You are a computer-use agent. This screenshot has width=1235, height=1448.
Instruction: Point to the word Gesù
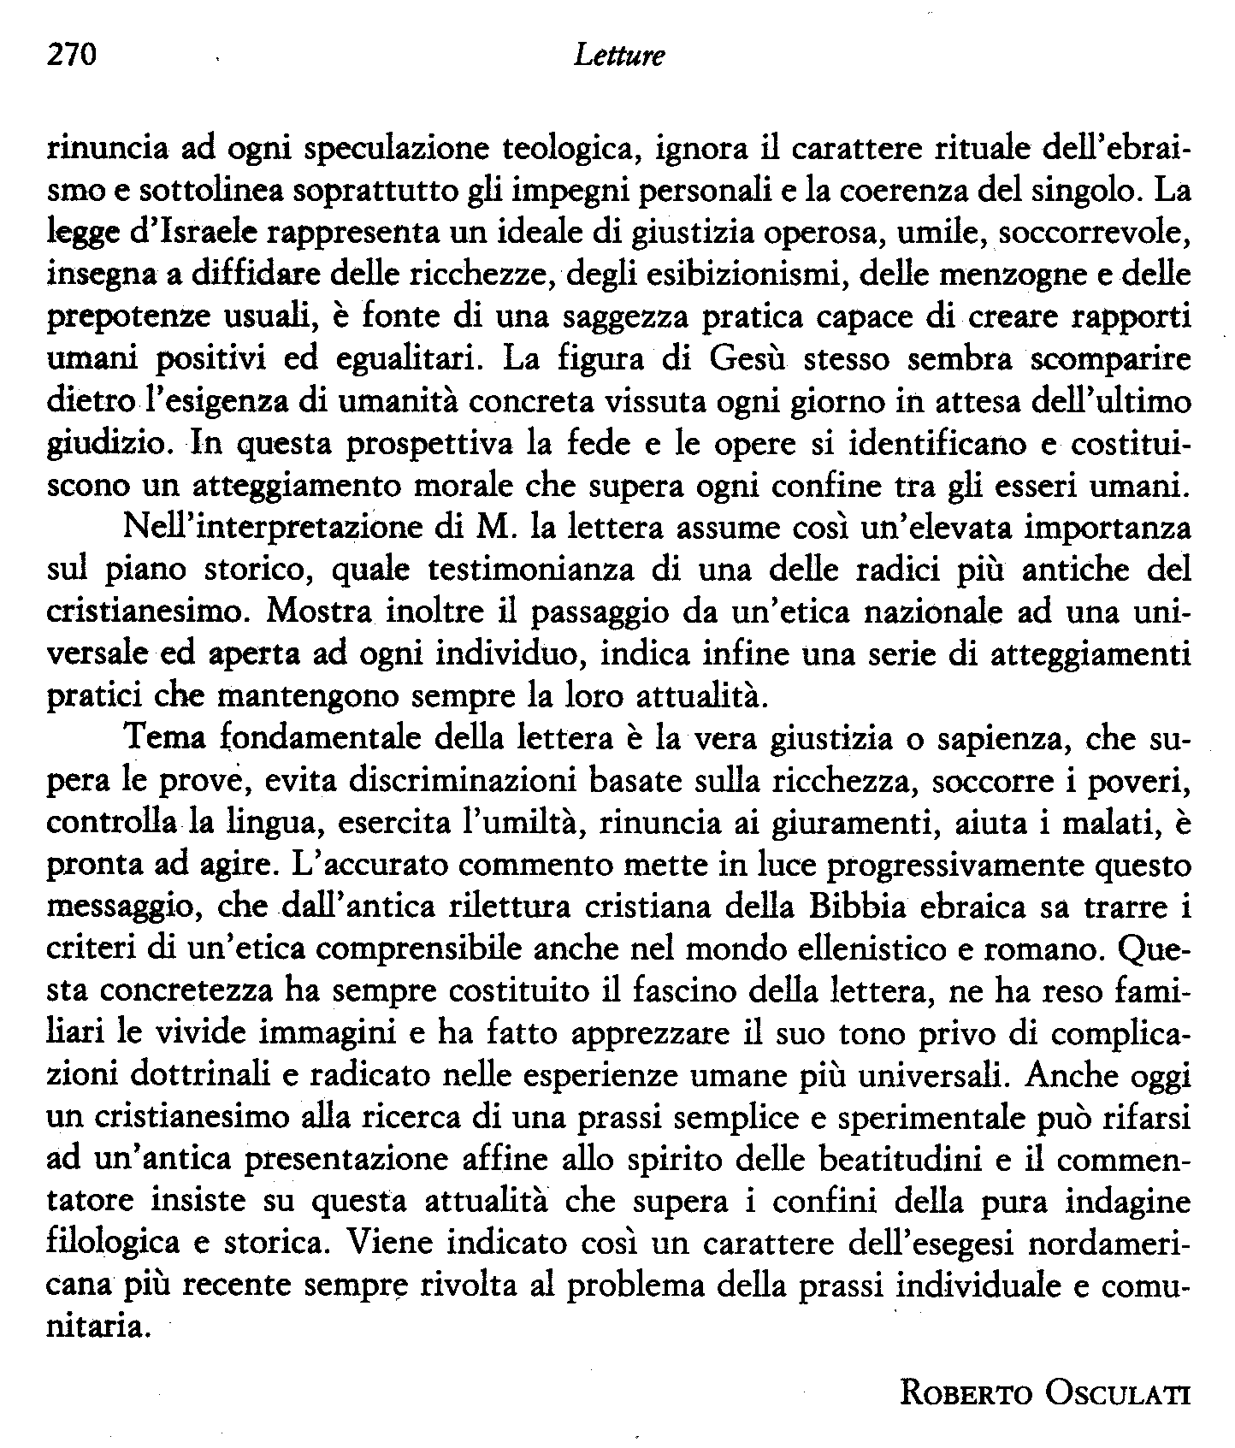[x=744, y=358]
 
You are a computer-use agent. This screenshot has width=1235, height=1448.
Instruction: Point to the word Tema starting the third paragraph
[x=160, y=737]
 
